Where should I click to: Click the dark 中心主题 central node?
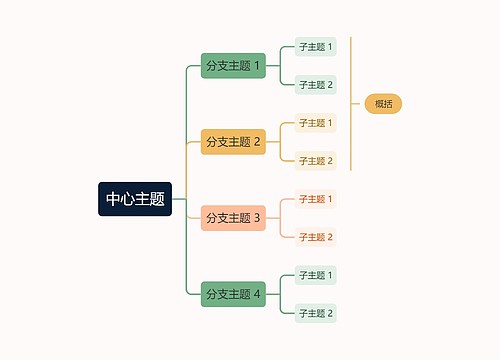[x=135, y=199]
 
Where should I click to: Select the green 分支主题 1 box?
[x=233, y=66]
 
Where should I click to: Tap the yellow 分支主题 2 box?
[x=233, y=142]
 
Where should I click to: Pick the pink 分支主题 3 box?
[x=233, y=218]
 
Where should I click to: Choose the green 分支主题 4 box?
[x=233, y=294]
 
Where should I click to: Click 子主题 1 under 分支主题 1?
[x=316, y=47]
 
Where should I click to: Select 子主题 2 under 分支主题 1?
[x=316, y=85]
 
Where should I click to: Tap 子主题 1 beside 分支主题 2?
[x=316, y=123]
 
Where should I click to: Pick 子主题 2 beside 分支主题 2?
[x=316, y=161]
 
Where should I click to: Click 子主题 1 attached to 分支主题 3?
[x=316, y=199]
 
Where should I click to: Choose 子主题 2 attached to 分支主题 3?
[x=316, y=237]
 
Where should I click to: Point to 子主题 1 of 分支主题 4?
[x=316, y=275]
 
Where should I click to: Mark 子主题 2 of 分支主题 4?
[x=316, y=313]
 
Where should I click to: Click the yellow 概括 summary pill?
[x=383, y=104]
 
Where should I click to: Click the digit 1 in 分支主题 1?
[x=257, y=66]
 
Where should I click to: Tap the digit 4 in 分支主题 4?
[x=257, y=294]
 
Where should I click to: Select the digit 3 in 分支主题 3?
[x=257, y=218]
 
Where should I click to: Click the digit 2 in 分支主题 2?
[x=257, y=142]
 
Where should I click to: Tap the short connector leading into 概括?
[x=358, y=104]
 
